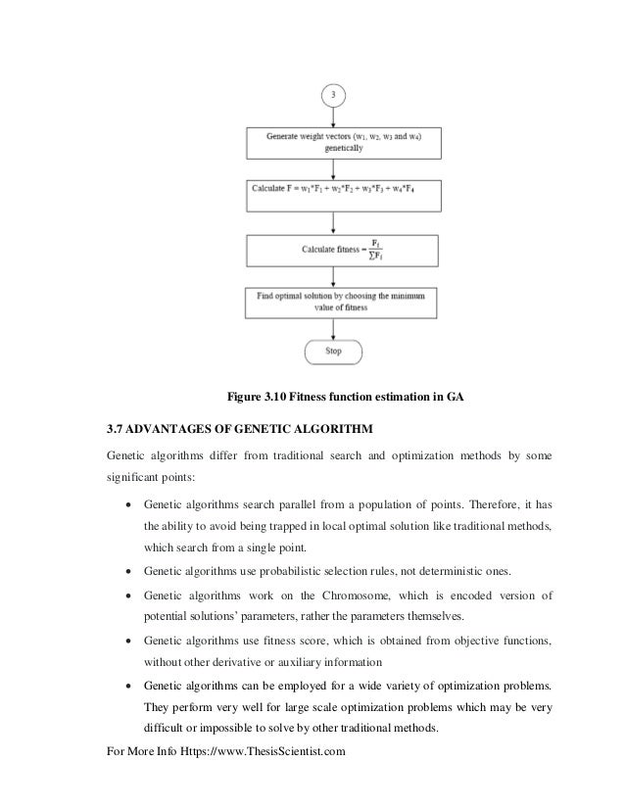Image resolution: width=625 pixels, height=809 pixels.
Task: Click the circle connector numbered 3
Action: pyautogui.click(x=334, y=95)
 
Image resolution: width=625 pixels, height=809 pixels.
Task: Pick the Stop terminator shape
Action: pyautogui.click(x=334, y=351)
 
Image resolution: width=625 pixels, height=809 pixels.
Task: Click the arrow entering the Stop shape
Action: pyautogui.click(x=334, y=328)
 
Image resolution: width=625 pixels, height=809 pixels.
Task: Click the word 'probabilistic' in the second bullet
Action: pyautogui.click(x=272, y=569)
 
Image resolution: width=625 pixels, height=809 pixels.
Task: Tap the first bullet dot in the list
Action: pyautogui.click(x=127, y=505)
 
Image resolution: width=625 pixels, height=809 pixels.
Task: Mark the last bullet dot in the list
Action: pyautogui.click(x=127, y=683)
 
